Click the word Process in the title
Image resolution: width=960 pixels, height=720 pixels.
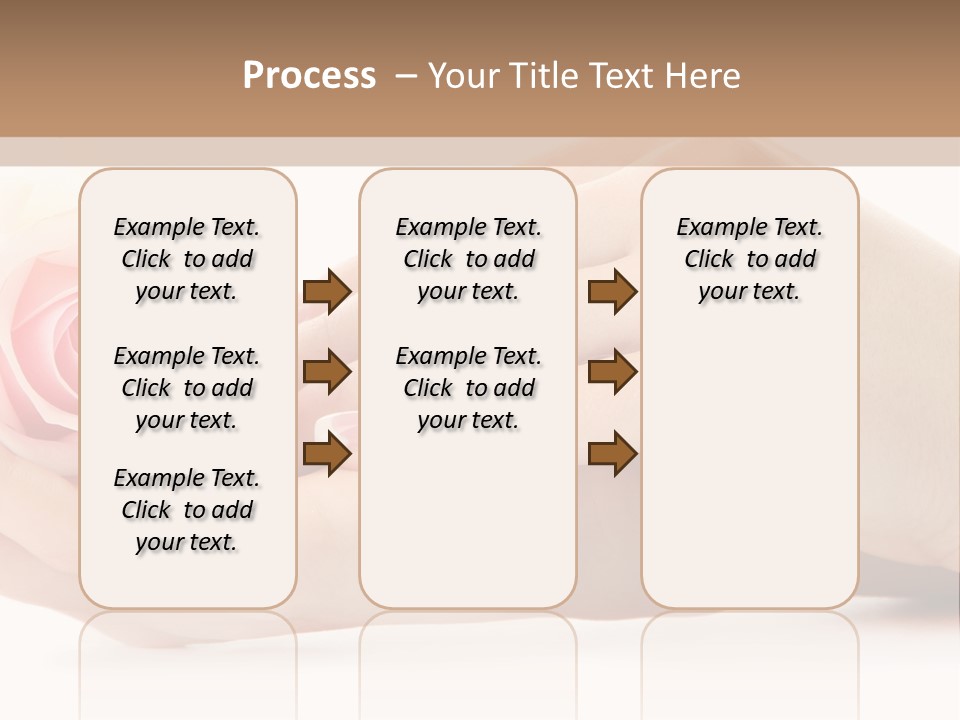pyautogui.click(x=309, y=76)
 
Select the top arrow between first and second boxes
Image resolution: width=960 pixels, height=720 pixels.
pyautogui.click(x=327, y=292)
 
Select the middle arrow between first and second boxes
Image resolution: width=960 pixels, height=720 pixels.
pyautogui.click(x=327, y=373)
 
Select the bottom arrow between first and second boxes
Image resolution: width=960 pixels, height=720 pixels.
pyautogui.click(x=327, y=455)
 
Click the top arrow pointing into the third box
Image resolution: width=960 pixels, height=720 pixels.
pyautogui.click(x=612, y=292)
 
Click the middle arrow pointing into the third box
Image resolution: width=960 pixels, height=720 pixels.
pyautogui.click(x=612, y=373)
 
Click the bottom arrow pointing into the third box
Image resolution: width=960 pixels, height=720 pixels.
pyautogui.click(x=612, y=455)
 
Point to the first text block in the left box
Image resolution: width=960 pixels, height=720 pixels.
pyautogui.click(x=187, y=259)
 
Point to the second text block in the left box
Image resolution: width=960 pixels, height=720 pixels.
pyautogui.click(x=187, y=388)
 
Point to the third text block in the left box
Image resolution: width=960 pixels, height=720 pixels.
pyautogui.click(x=187, y=510)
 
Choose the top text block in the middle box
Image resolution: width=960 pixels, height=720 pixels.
pyautogui.click(x=469, y=259)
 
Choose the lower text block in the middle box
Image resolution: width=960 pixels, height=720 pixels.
pyautogui.click(x=469, y=388)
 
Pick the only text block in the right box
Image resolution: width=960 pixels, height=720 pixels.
pyautogui.click(x=750, y=259)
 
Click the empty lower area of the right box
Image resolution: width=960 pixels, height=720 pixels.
pyautogui.click(x=750, y=480)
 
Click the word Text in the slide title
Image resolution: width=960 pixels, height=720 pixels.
pyautogui.click(x=618, y=76)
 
